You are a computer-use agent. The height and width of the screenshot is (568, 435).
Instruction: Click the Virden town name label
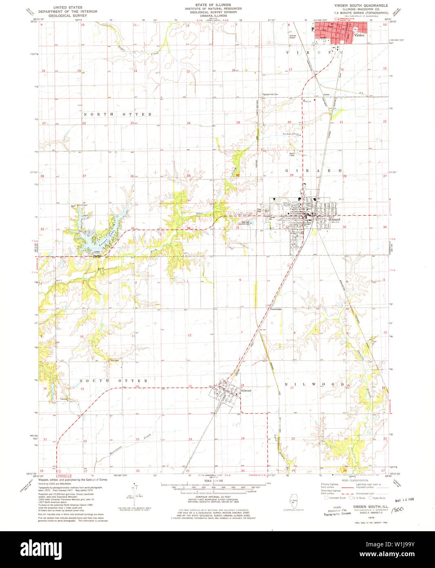click(x=359, y=36)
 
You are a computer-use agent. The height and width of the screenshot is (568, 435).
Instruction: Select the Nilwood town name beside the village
click(x=246, y=391)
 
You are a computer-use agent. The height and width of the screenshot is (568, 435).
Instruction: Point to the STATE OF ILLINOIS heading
click(x=213, y=5)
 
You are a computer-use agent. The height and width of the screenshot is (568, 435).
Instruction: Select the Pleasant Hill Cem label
click(x=270, y=94)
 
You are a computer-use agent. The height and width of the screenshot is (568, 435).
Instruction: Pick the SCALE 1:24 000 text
click(x=214, y=481)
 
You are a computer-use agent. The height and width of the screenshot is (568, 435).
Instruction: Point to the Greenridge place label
click(x=276, y=309)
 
